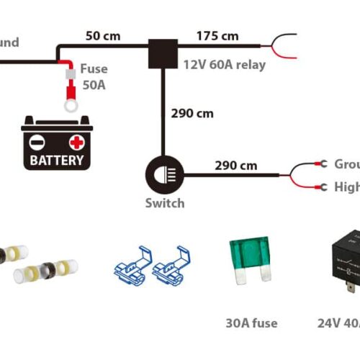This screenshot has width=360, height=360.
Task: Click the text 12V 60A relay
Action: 224,65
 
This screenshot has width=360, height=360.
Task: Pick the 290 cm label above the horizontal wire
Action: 235,165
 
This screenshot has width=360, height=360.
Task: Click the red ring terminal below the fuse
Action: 70,105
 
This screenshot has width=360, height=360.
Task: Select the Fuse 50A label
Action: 94,76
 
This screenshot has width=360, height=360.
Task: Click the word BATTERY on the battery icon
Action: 56,160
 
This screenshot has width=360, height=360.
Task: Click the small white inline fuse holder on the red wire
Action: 70,74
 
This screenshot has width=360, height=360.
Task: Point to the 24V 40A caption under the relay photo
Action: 338,323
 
